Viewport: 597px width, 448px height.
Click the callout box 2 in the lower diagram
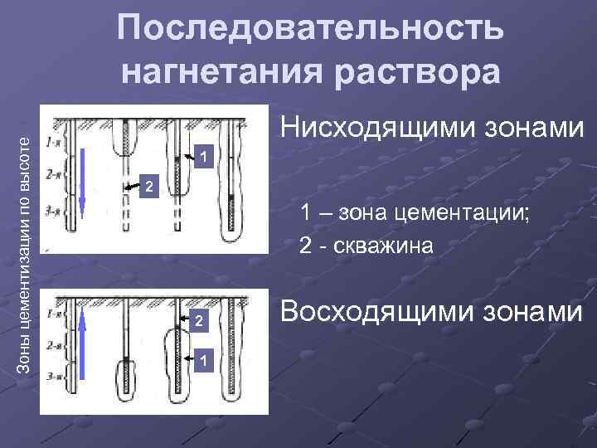pos(197,320)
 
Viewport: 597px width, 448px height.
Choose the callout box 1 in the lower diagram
pos(204,359)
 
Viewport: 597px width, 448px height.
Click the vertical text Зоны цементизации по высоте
pos(26,240)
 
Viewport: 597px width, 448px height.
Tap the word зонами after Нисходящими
pos(532,127)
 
